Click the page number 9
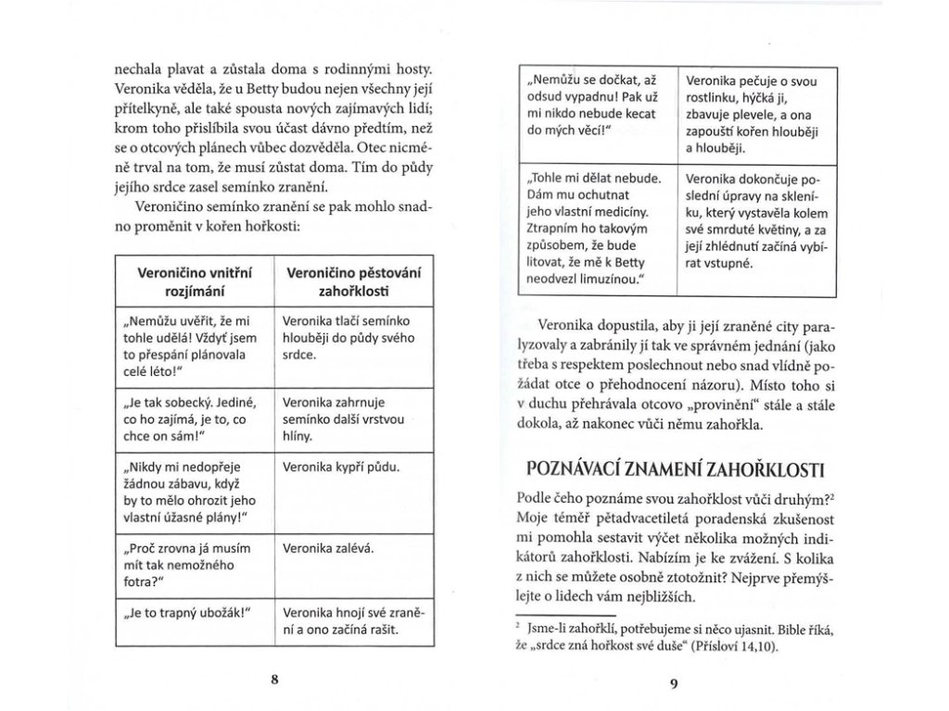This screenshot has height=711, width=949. click(x=674, y=684)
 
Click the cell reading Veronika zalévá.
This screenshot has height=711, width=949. click(x=328, y=549)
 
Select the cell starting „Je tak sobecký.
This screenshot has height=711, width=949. click(x=189, y=418)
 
